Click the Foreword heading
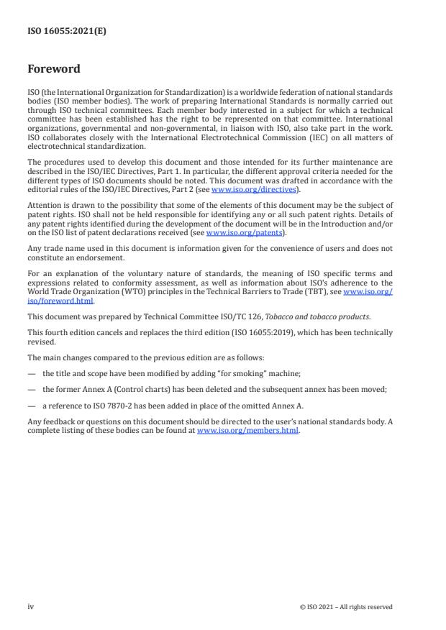pos(54,70)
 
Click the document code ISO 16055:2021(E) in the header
pos(67,32)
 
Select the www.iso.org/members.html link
pos(247,431)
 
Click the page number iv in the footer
pos(31,606)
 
